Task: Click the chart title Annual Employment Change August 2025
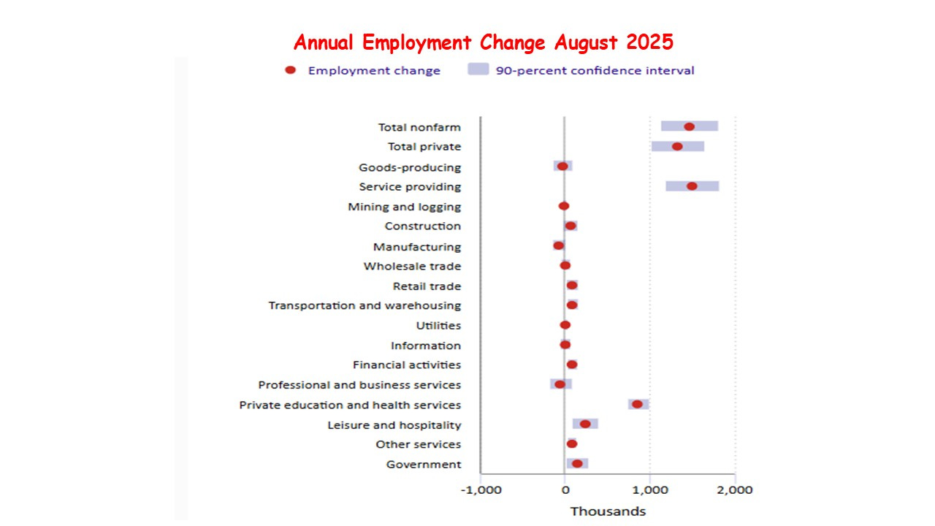483,42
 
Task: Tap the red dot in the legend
290,70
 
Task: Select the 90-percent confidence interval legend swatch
477,70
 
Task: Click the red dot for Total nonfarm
689,126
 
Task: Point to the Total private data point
677,146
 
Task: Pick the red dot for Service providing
692,186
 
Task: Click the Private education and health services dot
637,404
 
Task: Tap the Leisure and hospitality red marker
585,424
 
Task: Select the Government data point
577,463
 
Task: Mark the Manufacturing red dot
559,245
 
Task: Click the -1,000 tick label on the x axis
481,490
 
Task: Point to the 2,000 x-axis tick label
735,490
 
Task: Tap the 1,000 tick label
650,490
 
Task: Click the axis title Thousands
608,511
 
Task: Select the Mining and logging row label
404,207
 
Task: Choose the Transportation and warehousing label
365,305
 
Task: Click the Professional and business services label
359,385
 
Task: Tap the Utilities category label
438,325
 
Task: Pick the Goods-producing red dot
562,166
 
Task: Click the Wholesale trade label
412,266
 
